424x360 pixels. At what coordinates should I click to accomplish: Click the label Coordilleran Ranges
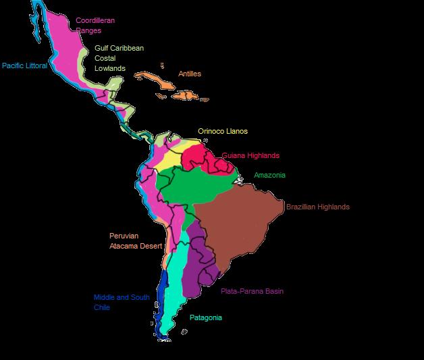pyautogui.click(x=95, y=26)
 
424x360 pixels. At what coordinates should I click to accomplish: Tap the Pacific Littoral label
pyautogui.click(x=24, y=66)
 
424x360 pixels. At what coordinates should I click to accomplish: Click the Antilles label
pyautogui.click(x=189, y=74)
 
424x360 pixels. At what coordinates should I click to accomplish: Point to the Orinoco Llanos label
pyautogui.click(x=222, y=130)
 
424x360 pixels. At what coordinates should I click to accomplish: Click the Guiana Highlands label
pyautogui.click(x=250, y=155)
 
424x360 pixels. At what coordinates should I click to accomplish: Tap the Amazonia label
pyautogui.click(x=269, y=175)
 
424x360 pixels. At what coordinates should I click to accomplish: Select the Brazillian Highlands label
pyautogui.click(x=317, y=207)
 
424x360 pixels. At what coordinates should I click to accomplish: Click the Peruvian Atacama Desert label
pyautogui.click(x=135, y=240)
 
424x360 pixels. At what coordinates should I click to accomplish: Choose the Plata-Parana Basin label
pyautogui.click(x=252, y=291)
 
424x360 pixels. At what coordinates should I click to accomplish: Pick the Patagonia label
pyautogui.click(x=205, y=317)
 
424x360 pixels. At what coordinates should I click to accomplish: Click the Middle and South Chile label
pyautogui.click(x=122, y=302)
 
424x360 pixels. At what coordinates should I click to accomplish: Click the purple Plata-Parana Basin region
pyautogui.click(x=203, y=270)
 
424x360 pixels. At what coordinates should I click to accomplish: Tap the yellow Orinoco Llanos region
pyautogui.click(x=165, y=162)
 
